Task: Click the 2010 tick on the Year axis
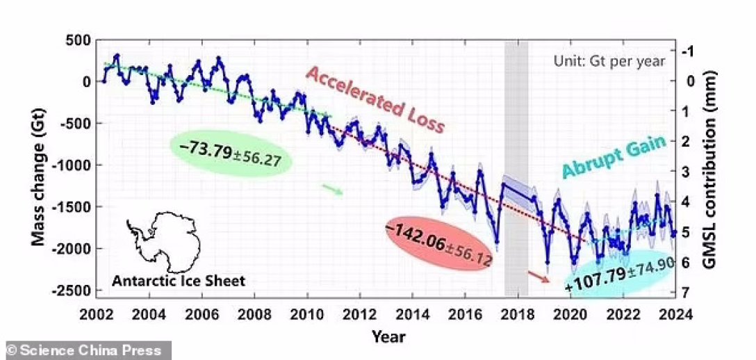point(306,313)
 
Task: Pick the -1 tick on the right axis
point(687,51)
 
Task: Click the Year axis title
point(388,337)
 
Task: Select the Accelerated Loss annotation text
point(375,100)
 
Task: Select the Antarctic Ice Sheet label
point(179,281)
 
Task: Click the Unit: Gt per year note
point(609,61)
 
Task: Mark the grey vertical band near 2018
point(516,167)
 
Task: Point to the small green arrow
point(332,189)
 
